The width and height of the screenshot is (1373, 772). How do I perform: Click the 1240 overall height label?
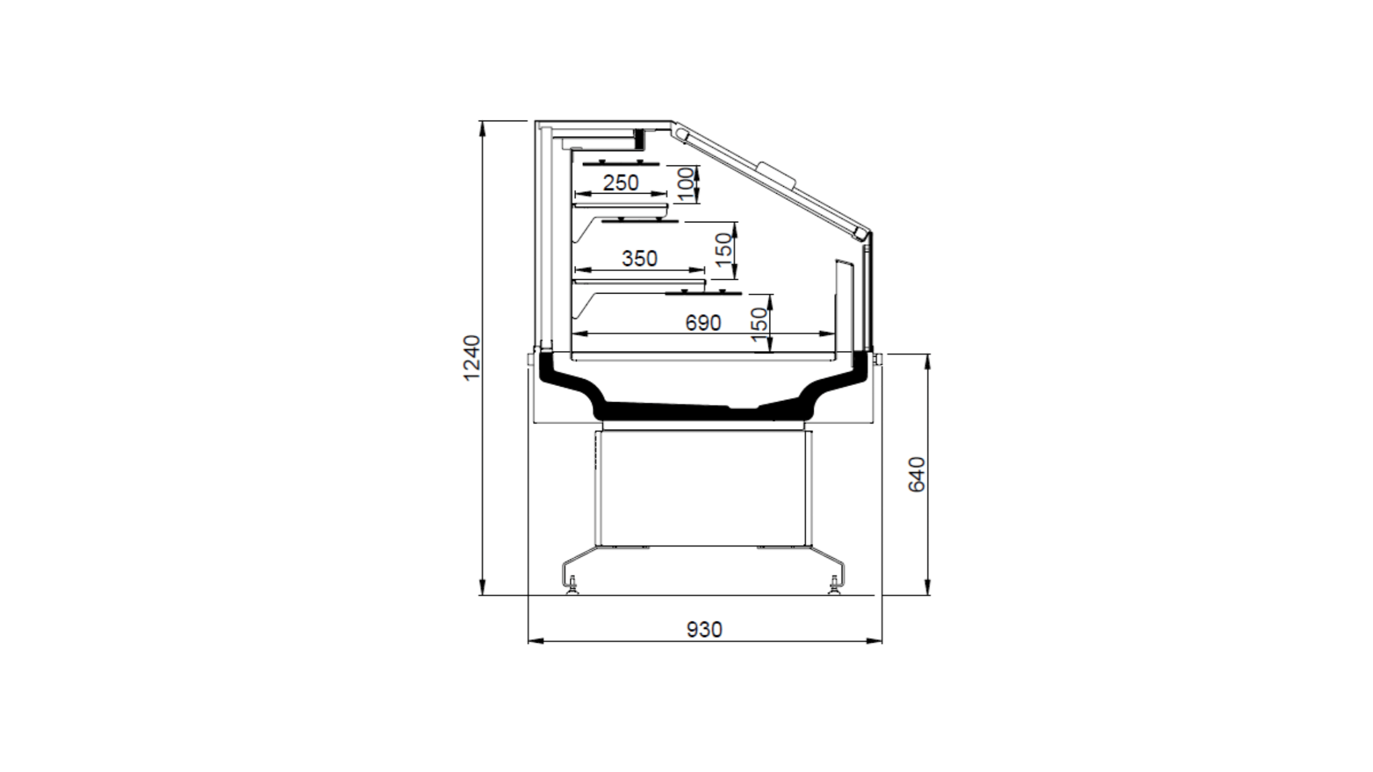[x=473, y=358]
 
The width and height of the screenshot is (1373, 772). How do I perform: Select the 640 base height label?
[x=917, y=475]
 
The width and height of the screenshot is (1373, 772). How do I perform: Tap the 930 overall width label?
[x=705, y=630]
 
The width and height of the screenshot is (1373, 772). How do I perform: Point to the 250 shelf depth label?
[x=621, y=183]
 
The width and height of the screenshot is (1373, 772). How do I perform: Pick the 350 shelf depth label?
[x=640, y=258]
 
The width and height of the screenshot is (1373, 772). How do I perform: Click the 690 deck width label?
[x=703, y=323]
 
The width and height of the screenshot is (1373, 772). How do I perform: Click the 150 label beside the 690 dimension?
[x=760, y=324]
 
